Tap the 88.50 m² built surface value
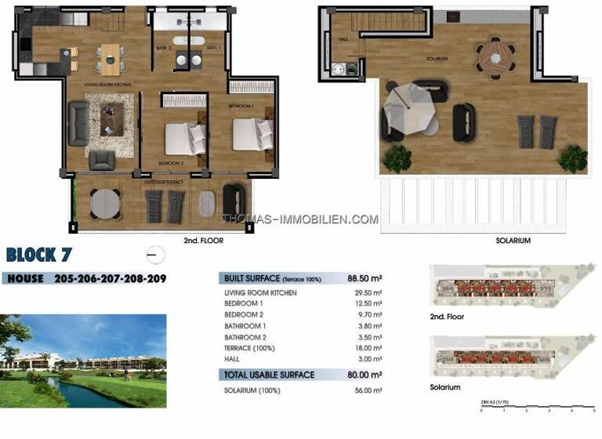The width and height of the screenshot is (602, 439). (364, 278)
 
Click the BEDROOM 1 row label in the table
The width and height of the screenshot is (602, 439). (243, 303)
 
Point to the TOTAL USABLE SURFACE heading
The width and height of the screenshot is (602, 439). (269, 375)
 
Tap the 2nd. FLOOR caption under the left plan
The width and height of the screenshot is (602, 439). (203, 241)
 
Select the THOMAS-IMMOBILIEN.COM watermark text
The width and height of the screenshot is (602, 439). (300, 220)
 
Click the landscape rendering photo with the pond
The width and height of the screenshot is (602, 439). (83, 361)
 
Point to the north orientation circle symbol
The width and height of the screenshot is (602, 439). (155, 254)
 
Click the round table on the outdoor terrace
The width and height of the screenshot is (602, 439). (106, 203)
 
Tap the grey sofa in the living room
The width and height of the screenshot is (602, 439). (78, 122)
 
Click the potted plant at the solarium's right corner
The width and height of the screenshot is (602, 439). (573, 158)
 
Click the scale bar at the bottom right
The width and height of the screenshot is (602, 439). (538, 408)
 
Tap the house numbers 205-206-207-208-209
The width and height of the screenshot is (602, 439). (110, 278)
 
